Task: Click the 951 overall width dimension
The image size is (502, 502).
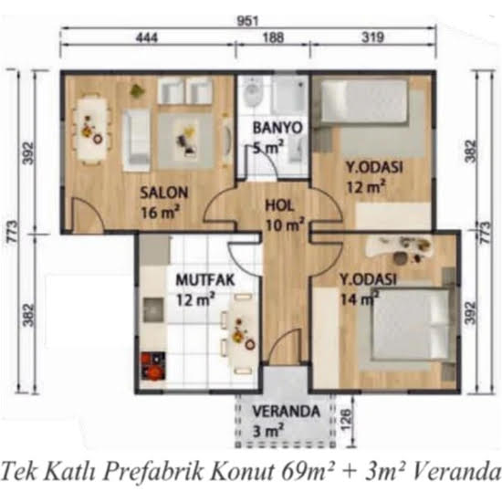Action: (247, 21)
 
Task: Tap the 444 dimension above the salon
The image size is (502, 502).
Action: (147, 37)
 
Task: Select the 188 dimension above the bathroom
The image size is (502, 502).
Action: (273, 37)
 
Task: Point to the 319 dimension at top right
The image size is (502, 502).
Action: (372, 37)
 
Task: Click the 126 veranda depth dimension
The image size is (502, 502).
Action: (346, 419)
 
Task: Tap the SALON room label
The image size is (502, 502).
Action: (164, 193)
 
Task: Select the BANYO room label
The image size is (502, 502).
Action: (277, 128)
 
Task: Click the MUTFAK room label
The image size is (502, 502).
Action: (204, 280)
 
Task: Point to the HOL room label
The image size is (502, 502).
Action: (279, 206)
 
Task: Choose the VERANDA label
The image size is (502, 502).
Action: (287, 412)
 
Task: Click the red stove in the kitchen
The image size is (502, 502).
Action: (153, 366)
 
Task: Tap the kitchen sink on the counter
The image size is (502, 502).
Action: (153, 309)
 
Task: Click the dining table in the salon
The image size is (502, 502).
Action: (89, 130)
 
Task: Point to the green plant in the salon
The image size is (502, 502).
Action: (138, 90)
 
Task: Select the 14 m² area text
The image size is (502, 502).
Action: (360, 299)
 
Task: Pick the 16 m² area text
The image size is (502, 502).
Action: (160, 212)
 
